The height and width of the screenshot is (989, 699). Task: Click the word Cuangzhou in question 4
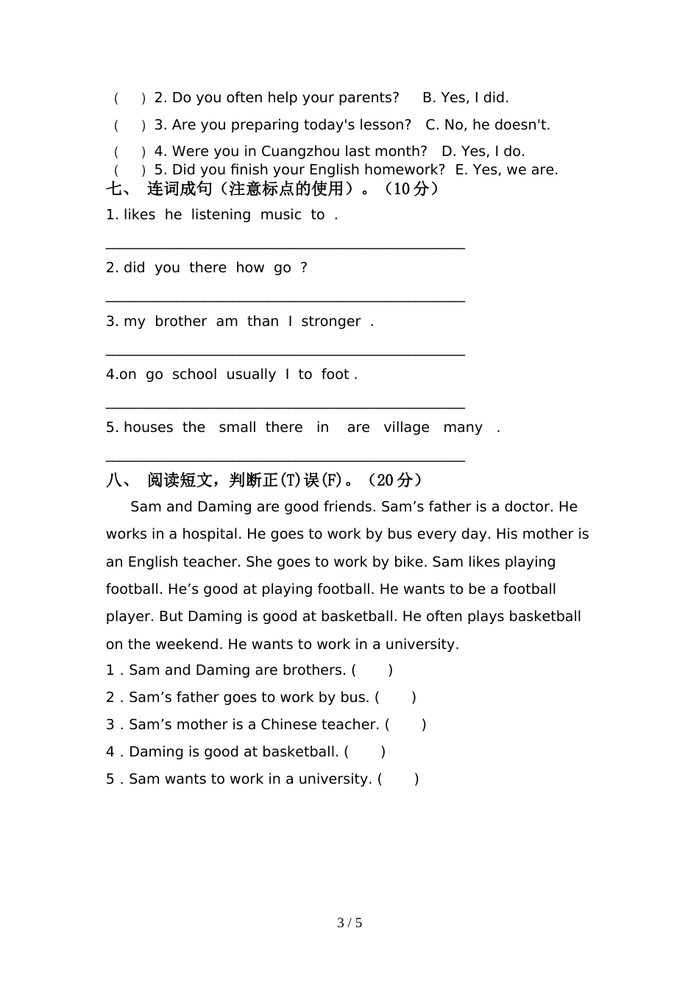[301, 152]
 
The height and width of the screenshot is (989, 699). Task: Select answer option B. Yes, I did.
[465, 98]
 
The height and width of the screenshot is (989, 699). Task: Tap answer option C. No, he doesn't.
[488, 125]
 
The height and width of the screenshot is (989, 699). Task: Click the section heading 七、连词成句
[272, 189]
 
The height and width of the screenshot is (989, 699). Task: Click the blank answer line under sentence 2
[285, 299]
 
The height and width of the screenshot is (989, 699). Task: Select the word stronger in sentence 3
[331, 322]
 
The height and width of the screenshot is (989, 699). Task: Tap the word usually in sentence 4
[251, 375]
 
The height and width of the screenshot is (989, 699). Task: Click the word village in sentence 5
[406, 428]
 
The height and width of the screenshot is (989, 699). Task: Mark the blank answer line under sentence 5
[285, 459]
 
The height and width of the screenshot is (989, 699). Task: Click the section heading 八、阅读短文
[264, 481]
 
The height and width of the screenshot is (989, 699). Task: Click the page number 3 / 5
[349, 923]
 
